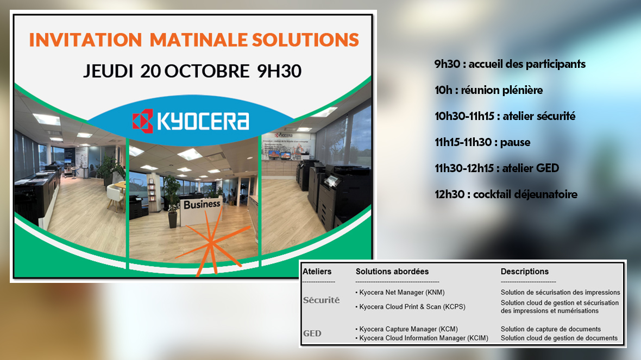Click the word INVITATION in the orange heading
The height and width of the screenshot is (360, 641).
pyautogui.click(x=85, y=40)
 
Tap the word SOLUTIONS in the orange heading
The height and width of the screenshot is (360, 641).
pyautogui.click(x=305, y=40)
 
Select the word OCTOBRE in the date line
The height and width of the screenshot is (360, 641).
pyautogui.click(x=207, y=71)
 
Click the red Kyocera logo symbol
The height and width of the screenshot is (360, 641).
pyautogui.click(x=143, y=121)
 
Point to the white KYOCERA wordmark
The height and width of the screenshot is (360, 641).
pyautogui.click(x=203, y=121)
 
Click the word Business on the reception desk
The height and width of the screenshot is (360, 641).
pyautogui.click(x=202, y=204)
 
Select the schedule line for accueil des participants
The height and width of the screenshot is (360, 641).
pyautogui.click(x=510, y=64)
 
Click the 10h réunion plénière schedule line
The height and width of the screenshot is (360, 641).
pyautogui.click(x=488, y=90)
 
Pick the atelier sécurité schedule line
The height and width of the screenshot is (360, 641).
pyautogui.click(x=505, y=116)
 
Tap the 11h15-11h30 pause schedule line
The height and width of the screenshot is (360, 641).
pyautogui.click(x=482, y=143)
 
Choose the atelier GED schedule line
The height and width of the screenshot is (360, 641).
pyautogui.click(x=497, y=168)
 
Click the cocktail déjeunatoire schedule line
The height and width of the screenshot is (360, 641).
pyautogui.click(x=506, y=194)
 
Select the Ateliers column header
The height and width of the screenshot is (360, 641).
pyautogui.click(x=317, y=271)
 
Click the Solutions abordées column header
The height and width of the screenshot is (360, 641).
pyautogui.click(x=392, y=271)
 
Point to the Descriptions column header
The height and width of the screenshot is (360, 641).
pyautogui.click(x=525, y=271)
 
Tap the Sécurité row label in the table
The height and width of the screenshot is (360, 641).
pyautogui.click(x=322, y=300)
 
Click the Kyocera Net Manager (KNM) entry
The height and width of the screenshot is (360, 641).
pyautogui.click(x=400, y=293)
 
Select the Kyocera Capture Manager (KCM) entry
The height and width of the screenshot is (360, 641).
pyautogui.click(x=407, y=330)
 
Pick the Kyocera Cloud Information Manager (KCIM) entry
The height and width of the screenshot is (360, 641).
pyautogui.click(x=422, y=338)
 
